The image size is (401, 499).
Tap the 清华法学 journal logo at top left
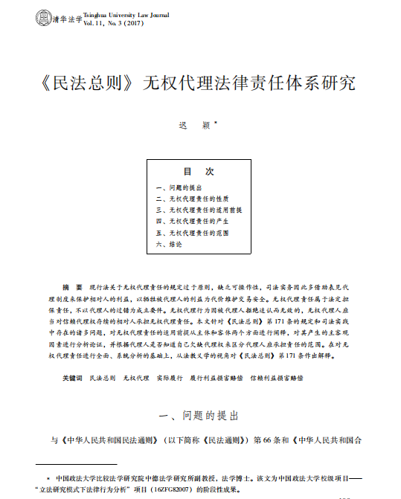point(57,19)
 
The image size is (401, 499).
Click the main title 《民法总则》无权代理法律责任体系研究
point(200,82)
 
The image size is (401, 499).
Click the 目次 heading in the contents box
point(200,172)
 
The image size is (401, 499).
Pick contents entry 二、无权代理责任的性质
point(192,199)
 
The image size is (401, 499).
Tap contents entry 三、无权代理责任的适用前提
point(199,210)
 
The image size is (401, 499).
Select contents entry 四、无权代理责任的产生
point(192,221)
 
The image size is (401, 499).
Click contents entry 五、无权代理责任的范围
point(192,232)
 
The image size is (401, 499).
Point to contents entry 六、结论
point(169,243)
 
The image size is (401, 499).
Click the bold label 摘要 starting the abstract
point(72,286)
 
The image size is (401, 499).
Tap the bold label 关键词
point(72,379)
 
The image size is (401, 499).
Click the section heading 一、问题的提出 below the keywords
point(200,413)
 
